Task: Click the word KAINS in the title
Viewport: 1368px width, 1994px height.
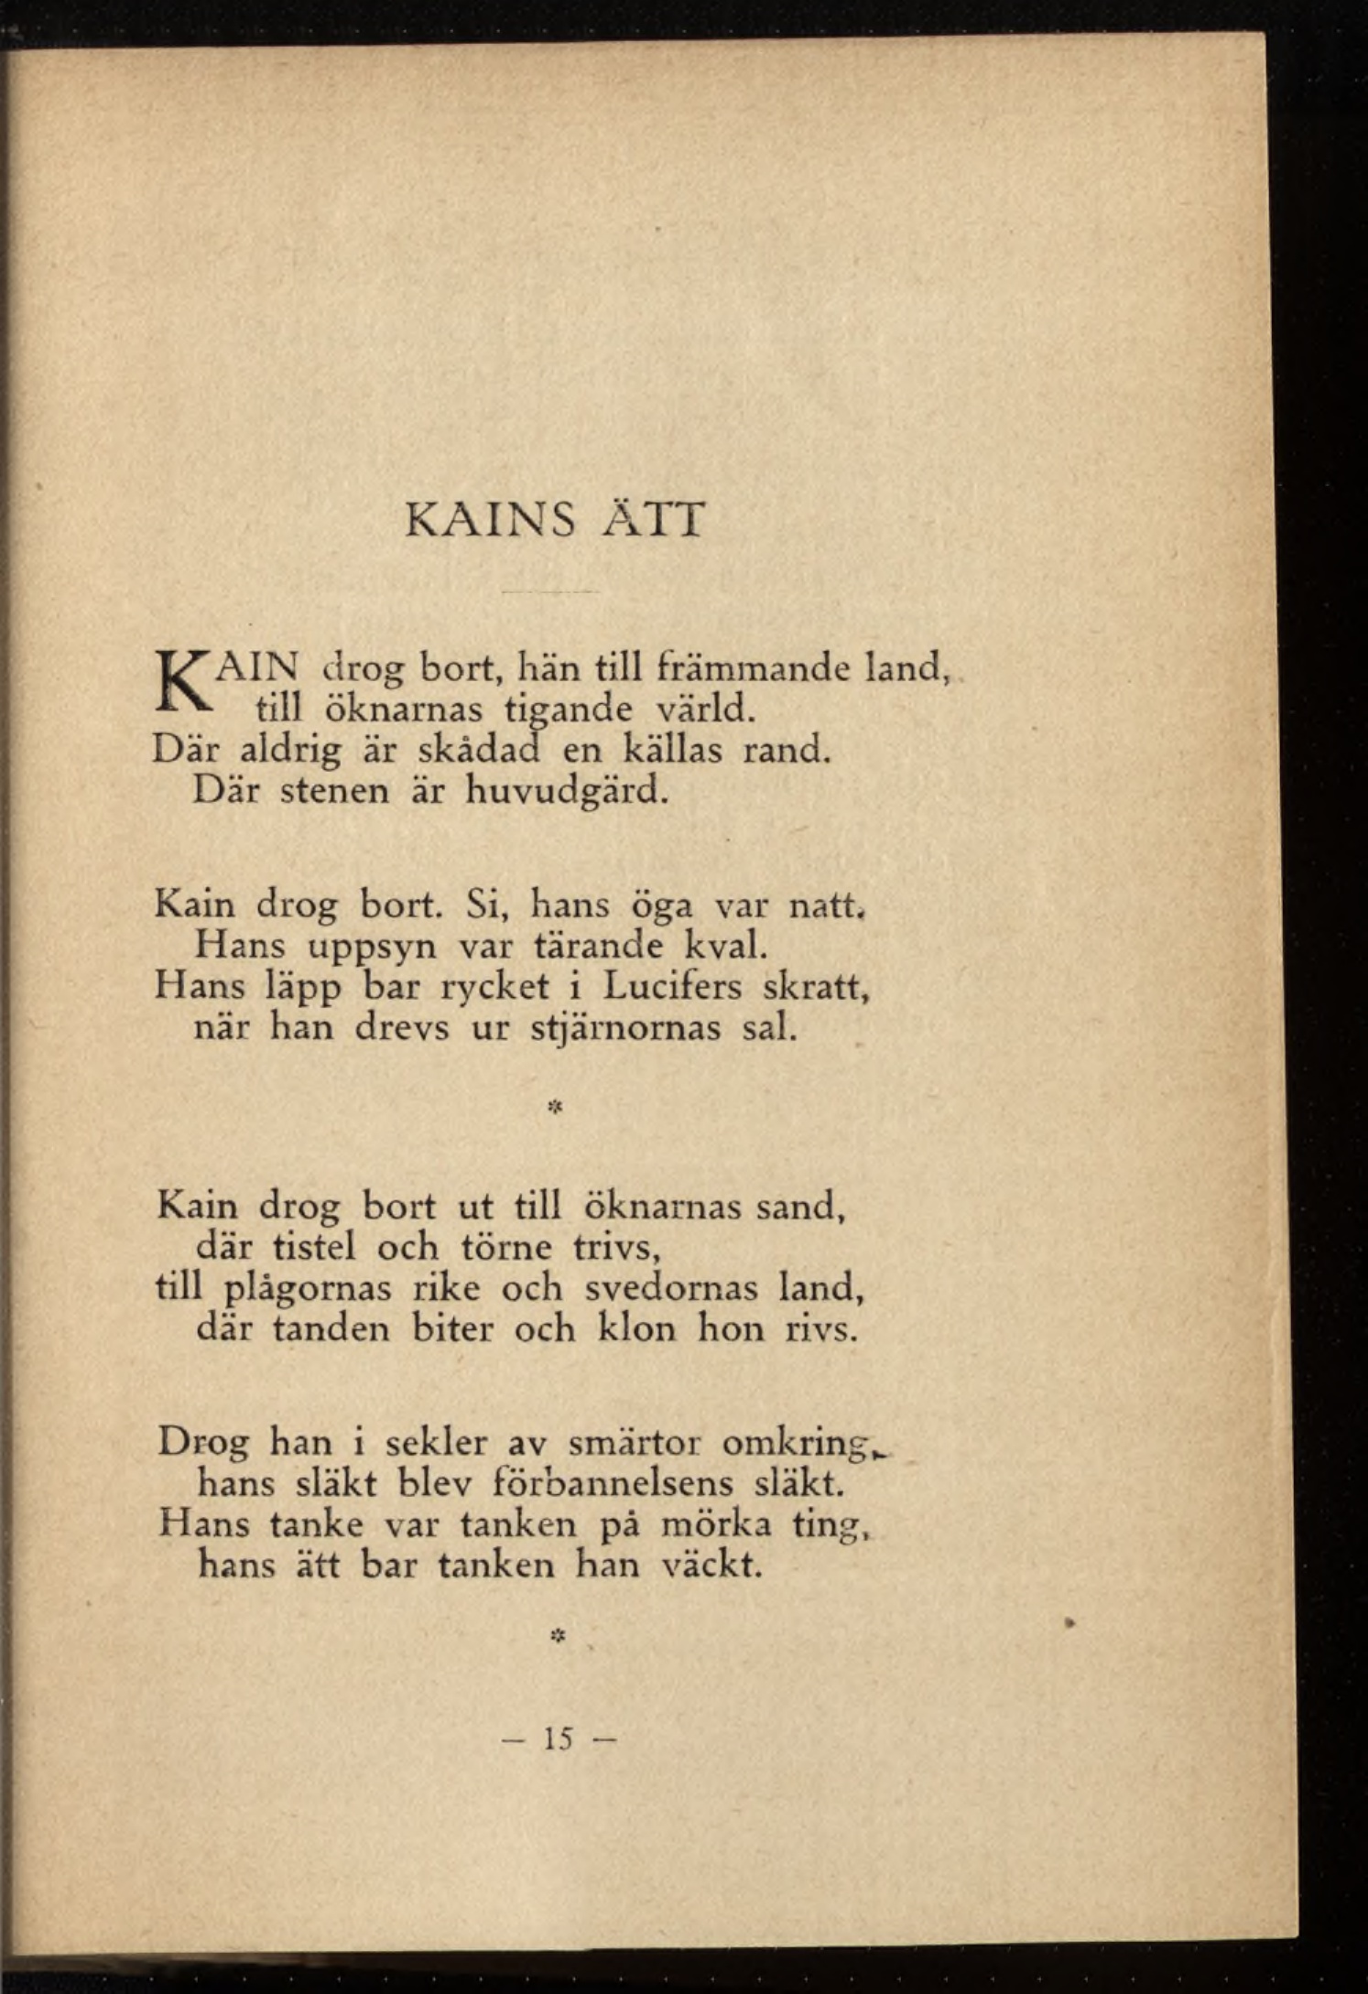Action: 489,520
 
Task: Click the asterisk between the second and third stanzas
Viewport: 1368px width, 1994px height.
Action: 554,1108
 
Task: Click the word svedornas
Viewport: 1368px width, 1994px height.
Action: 673,1288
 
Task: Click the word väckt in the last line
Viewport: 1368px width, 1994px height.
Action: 712,1565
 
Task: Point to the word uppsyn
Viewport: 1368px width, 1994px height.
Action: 372,946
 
